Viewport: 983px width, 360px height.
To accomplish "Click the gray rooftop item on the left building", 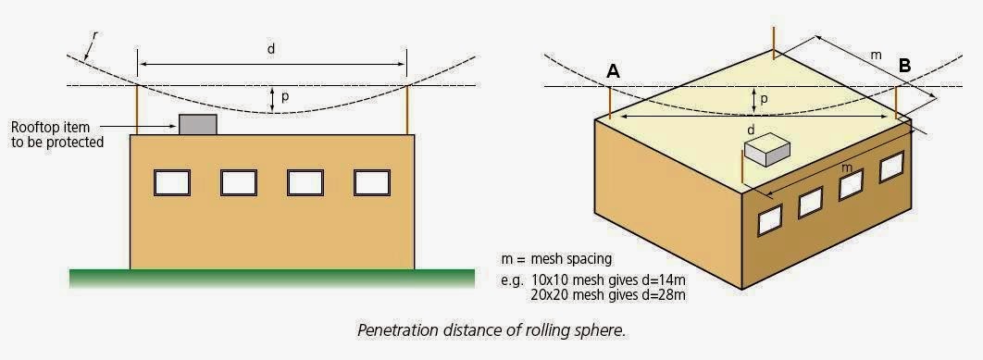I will point(197,124).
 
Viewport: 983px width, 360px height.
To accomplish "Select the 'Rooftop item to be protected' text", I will point(57,134).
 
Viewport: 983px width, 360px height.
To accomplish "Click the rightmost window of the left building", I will point(371,182).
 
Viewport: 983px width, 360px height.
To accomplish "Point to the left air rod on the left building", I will point(138,108).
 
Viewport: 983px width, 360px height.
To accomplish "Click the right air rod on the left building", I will point(407,108).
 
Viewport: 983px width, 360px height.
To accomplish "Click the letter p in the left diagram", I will point(284,95).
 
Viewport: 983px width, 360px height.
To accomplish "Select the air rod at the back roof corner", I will point(774,40).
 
